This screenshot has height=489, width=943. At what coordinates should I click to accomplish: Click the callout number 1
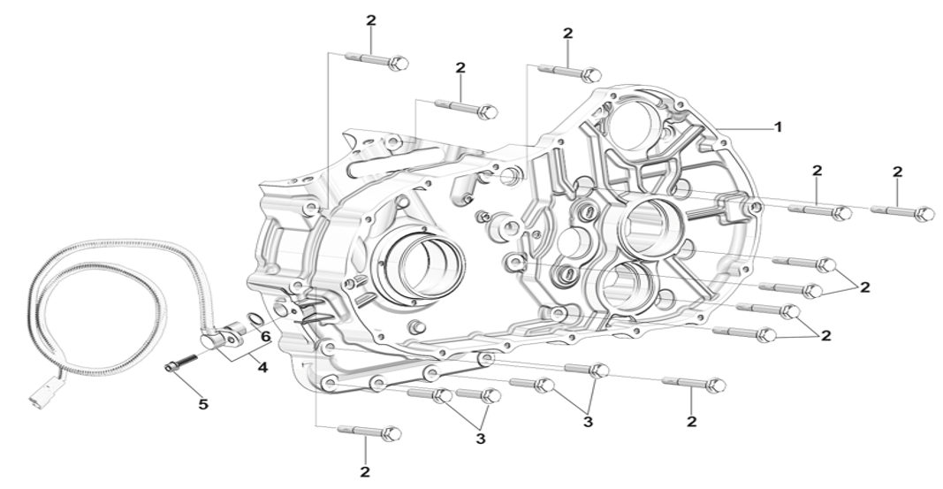pyautogui.click(x=778, y=127)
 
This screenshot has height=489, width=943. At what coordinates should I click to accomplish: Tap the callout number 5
pyautogui.click(x=203, y=404)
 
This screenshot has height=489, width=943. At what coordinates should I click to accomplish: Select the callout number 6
pyautogui.click(x=265, y=337)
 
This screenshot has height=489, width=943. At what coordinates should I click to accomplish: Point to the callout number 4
pyautogui.click(x=262, y=366)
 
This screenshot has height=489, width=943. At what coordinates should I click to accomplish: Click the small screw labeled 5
pyautogui.click(x=180, y=363)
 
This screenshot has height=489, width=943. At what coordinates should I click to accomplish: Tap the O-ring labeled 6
pyautogui.click(x=255, y=319)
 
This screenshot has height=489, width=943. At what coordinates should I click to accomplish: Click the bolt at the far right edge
pyautogui.click(x=903, y=211)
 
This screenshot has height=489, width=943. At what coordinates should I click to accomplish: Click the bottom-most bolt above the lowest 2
pyautogui.click(x=369, y=432)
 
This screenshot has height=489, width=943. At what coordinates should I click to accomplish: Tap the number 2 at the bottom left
pyautogui.click(x=365, y=471)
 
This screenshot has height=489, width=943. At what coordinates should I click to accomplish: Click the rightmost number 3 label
pyautogui.click(x=588, y=422)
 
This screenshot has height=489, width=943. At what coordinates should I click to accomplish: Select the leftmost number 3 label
pyautogui.click(x=480, y=439)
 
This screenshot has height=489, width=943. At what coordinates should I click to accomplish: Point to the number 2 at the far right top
pyautogui.click(x=897, y=172)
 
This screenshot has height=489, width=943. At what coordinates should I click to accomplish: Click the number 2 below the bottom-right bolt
pyautogui.click(x=692, y=422)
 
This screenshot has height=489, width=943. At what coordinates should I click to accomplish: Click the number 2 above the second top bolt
pyautogui.click(x=460, y=68)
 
